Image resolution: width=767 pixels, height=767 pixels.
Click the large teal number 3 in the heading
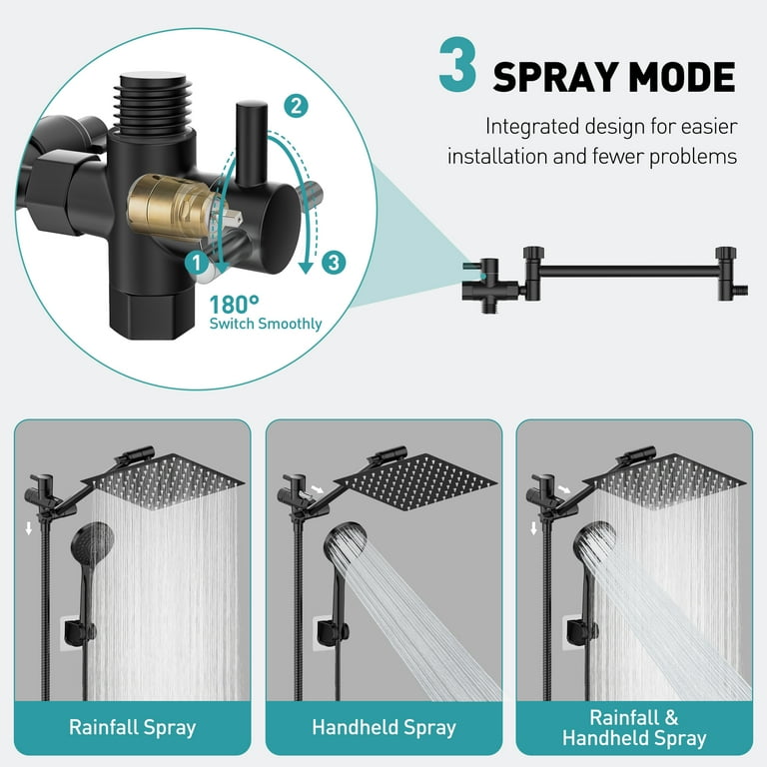click(x=456, y=65)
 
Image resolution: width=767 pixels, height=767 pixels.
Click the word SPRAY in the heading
click(x=555, y=77)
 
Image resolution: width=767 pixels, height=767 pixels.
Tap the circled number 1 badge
click(x=197, y=263)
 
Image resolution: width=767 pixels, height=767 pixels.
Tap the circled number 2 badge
click(x=296, y=106)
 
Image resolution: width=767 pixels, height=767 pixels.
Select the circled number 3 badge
click(x=334, y=263)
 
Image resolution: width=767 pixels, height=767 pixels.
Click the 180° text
click(x=234, y=305)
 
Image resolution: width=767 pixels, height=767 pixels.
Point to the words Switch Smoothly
click(x=266, y=324)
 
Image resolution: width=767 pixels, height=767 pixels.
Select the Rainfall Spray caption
click(x=133, y=727)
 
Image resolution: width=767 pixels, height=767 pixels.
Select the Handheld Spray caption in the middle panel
click(x=383, y=727)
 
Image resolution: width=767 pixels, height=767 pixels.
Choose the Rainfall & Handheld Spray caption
click(x=634, y=728)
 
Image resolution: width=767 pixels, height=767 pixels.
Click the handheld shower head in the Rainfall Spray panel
click(x=93, y=540)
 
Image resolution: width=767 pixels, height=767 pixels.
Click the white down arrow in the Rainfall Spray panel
click(x=29, y=528)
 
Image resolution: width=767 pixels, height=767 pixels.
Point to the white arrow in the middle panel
click(x=318, y=489)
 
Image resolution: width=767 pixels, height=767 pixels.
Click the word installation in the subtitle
click(x=497, y=157)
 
